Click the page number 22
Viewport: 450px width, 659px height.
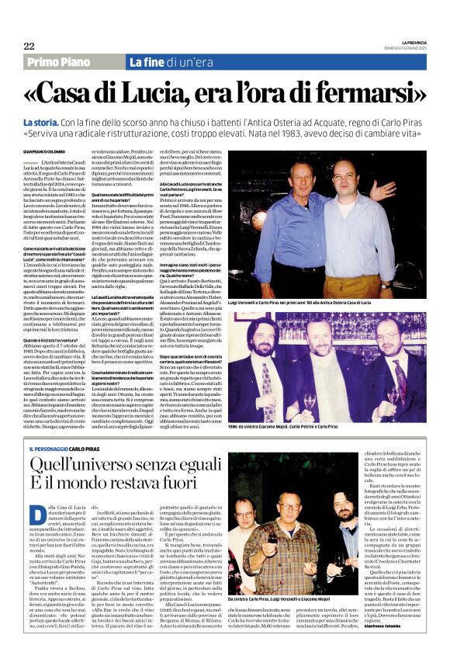click(29, 46)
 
